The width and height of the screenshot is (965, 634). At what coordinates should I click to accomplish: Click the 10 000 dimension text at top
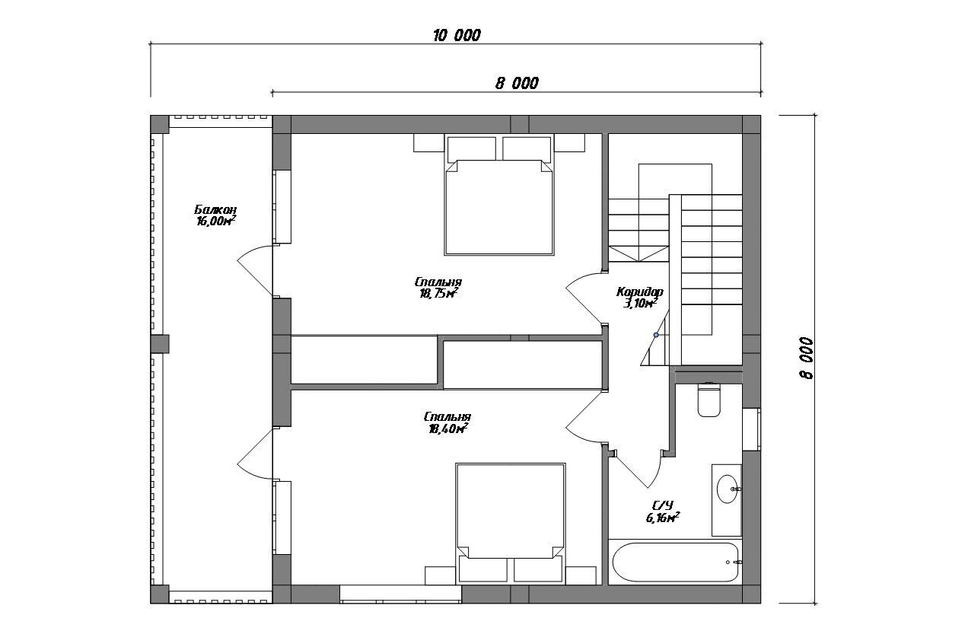point(457,35)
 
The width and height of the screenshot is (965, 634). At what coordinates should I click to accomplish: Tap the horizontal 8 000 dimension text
point(517,83)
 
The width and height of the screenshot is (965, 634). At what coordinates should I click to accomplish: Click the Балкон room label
point(215,210)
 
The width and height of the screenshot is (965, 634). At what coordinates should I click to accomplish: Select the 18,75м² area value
point(438,293)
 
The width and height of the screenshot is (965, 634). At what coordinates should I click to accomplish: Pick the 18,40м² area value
point(448,429)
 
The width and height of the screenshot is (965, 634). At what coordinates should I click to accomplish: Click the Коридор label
point(640,292)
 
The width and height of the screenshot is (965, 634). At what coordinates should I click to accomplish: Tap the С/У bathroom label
point(663,505)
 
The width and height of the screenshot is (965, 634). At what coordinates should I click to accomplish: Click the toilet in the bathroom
point(709,400)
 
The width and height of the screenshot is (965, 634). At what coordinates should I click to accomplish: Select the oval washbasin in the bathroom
point(728,489)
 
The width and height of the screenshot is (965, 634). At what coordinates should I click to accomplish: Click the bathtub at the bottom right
point(676,562)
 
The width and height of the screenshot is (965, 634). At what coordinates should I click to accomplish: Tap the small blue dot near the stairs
point(656,335)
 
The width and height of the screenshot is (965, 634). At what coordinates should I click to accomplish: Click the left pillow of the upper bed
point(471,149)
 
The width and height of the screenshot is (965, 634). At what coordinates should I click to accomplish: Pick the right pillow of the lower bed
point(539,569)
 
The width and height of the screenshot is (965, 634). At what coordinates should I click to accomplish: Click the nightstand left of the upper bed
point(428,142)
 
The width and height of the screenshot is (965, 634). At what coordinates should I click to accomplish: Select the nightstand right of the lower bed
point(581,575)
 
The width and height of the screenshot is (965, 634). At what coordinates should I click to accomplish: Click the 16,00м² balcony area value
point(216,221)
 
